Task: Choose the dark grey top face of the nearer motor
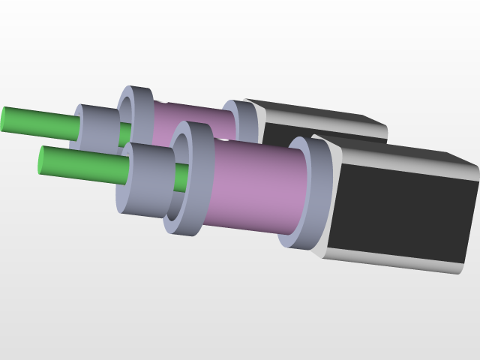[397, 150]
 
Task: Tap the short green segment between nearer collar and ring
[181, 177]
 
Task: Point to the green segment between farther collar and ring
[124, 133]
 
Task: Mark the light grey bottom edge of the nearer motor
[397, 262]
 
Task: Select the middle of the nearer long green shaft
[82, 166]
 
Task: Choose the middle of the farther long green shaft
[41, 123]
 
